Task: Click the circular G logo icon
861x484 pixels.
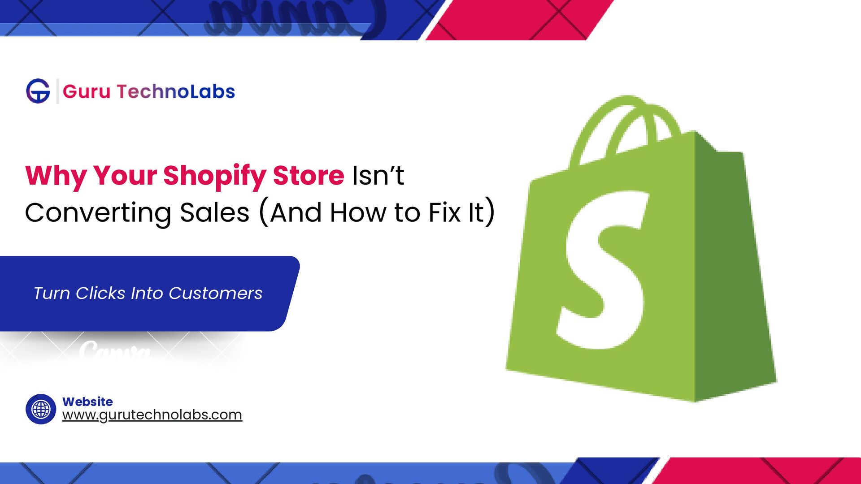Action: tap(38, 91)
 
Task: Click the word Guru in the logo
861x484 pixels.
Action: tap(87, 91)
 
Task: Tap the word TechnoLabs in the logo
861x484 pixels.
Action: tap(176, 91)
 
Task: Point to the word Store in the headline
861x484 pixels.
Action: tap(308, 175)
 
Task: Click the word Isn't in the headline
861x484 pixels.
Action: tap(378, 175)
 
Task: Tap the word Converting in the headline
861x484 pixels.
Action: tap(98, 212)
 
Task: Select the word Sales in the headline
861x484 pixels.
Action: tap(214, 212)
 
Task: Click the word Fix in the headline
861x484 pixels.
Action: tap(444, 212)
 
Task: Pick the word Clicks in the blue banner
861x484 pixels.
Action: tap(100, 293)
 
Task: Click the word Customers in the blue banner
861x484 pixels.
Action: tap(215, 293)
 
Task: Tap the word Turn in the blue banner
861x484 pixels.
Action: tap(52, 293)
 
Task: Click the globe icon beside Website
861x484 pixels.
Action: tap(41, 409)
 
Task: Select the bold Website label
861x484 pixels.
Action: tap(87, 402)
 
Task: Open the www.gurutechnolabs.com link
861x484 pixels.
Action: tap(152, 415)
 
